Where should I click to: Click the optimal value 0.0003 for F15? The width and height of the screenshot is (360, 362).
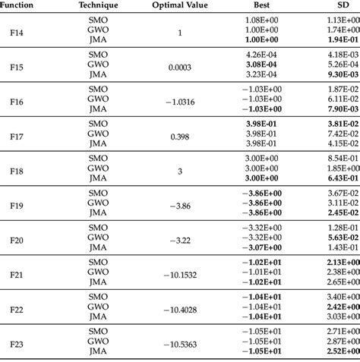click(180, 68)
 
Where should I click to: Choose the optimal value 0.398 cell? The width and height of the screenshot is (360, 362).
click(180, 138)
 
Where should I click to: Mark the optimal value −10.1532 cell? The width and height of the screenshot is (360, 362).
click(180, 275)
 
